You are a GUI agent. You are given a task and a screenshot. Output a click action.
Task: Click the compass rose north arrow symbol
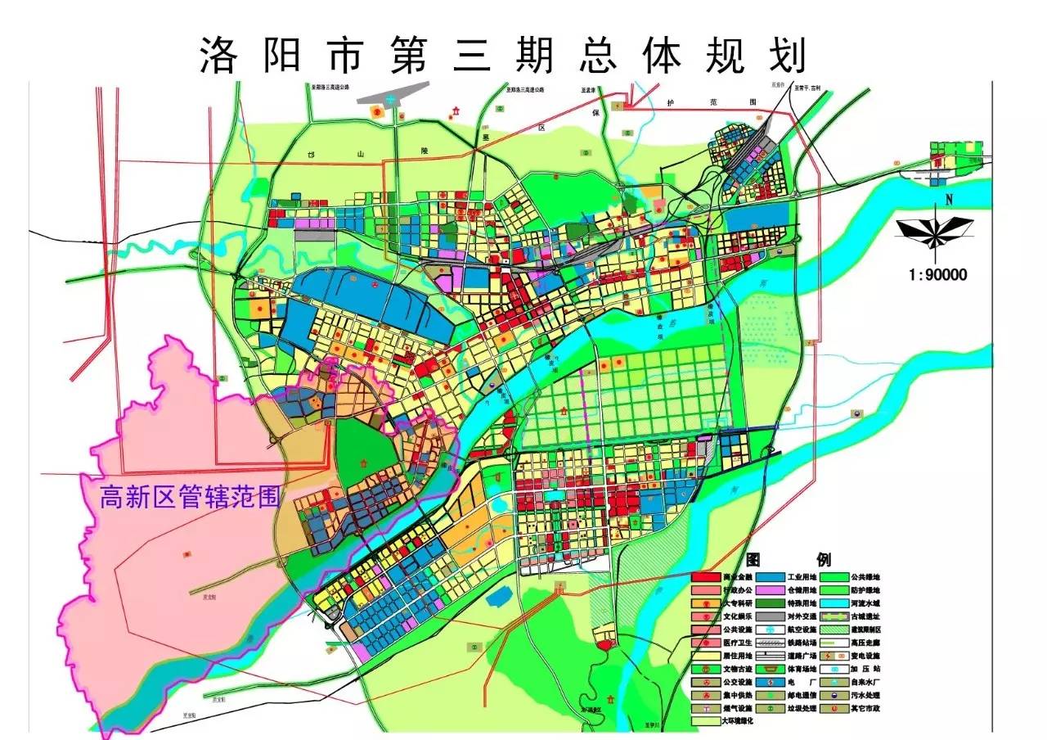point(933,231)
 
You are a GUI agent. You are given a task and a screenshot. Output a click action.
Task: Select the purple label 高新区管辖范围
point(190,497)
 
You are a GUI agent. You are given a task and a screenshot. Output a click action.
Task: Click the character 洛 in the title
point(217,56)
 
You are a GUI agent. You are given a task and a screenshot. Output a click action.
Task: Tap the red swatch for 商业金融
point(707,577)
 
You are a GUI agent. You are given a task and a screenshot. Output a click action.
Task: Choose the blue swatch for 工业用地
point(771,577)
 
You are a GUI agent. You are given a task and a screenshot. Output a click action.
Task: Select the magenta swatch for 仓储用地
point(771,590)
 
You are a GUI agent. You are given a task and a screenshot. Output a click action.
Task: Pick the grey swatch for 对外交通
point(771,616)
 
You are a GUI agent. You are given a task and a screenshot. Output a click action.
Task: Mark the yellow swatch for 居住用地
point(707,656)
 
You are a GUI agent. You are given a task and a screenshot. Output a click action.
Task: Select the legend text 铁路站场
point(803,643)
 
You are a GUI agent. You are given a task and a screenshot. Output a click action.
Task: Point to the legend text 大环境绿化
point(737,721)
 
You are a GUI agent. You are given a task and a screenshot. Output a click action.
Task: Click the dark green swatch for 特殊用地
point(771,603)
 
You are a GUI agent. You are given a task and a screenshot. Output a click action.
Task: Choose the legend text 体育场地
point(803,669)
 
